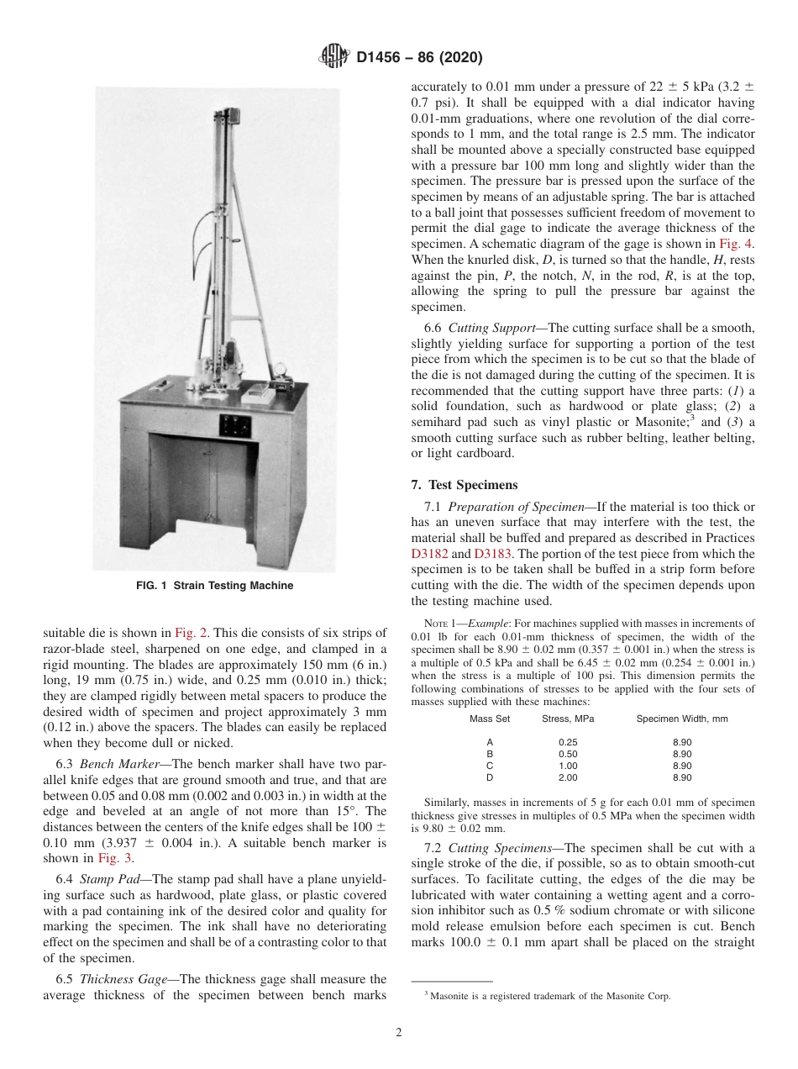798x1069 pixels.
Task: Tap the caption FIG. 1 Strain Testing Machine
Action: point(214,586)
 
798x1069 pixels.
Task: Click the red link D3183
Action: point(491,553)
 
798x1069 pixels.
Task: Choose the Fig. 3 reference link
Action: point(113,858)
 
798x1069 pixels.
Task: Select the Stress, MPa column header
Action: point(568,719)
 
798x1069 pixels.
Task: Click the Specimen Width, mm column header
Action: point(681,719)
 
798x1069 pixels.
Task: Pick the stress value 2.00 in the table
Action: point(568,777)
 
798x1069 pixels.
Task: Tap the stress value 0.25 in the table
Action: point(568,742)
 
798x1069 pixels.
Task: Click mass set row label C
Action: point(490,766)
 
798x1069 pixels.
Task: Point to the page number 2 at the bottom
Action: point(399,1033)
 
